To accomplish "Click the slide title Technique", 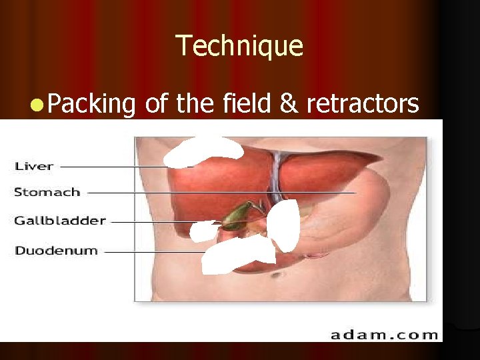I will click(239, 46).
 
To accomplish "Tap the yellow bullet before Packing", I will click(37, 104).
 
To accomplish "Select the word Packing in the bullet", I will click(92, 105).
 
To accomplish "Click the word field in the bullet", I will click(247, 103).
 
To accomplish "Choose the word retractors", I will click(363, 104).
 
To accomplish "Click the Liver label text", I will click(34, 165).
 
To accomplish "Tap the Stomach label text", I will click(47, 192).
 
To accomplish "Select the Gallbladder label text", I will click(60, 221).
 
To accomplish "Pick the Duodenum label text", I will click(56, 251).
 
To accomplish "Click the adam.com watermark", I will click(385, 333).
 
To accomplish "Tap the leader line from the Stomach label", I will click(220, 193).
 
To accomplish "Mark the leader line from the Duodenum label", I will click(153, 253).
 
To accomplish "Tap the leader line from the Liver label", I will click(113, 166).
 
